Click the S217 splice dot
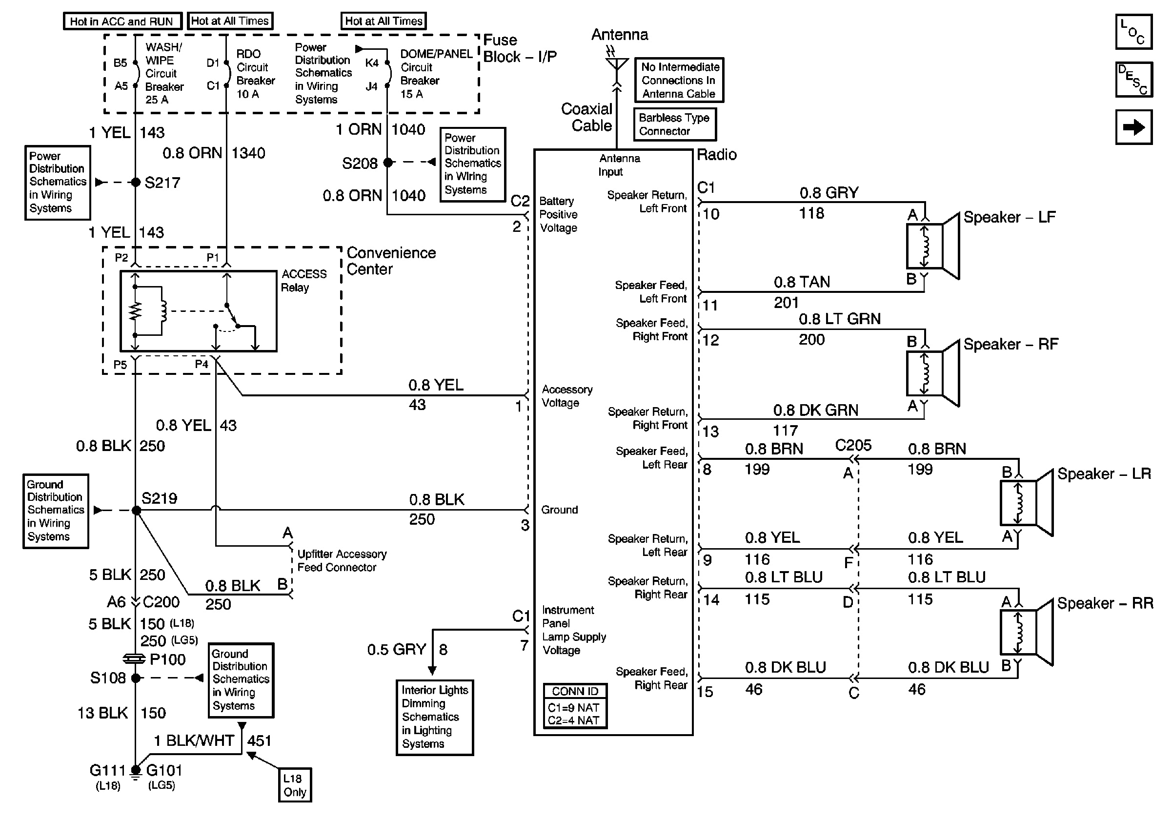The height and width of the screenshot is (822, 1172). click(136, 182)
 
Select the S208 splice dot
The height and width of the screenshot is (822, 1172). click(388, 163)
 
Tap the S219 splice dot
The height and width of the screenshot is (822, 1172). click(136, 510)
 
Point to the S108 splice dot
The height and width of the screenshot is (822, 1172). click(136, 678)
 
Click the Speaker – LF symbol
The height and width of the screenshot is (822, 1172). click(932, 246)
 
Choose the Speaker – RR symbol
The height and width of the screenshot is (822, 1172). click(1027, 633)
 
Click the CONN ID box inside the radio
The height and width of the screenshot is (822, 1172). click(575, 706)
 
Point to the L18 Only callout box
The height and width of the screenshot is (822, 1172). click(295, 785)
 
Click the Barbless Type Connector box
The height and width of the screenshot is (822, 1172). click(675, 124)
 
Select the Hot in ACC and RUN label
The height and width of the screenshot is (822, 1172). click(122, 21)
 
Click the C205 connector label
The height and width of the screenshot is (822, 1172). click(853, 445)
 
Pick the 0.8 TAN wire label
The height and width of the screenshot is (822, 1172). click(801, 282)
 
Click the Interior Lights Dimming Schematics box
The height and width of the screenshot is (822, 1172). click(434, 717)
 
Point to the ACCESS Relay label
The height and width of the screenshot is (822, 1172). click(303, 280)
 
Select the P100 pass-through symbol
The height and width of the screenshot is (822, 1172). click(134, 658)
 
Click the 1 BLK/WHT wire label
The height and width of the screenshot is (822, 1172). click(194, 740)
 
